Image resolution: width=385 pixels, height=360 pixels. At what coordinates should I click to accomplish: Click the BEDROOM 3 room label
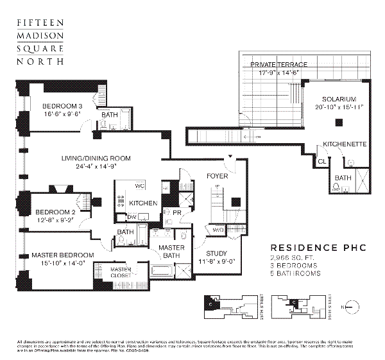(x=63, y=107)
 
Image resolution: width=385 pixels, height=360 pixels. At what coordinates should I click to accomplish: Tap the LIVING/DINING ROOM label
(x=96, y=158)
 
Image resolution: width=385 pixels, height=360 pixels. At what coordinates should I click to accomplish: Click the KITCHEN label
(x=143, y=203)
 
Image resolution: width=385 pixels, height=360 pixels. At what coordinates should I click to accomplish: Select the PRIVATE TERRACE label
(x=278, y=65)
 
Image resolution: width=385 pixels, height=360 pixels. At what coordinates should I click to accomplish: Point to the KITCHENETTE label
(x=345, y=144)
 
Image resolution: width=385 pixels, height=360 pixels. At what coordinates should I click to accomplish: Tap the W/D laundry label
(x=218, y=228)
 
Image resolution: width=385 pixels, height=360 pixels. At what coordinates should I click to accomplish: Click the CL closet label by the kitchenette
(x=321, y=163)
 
